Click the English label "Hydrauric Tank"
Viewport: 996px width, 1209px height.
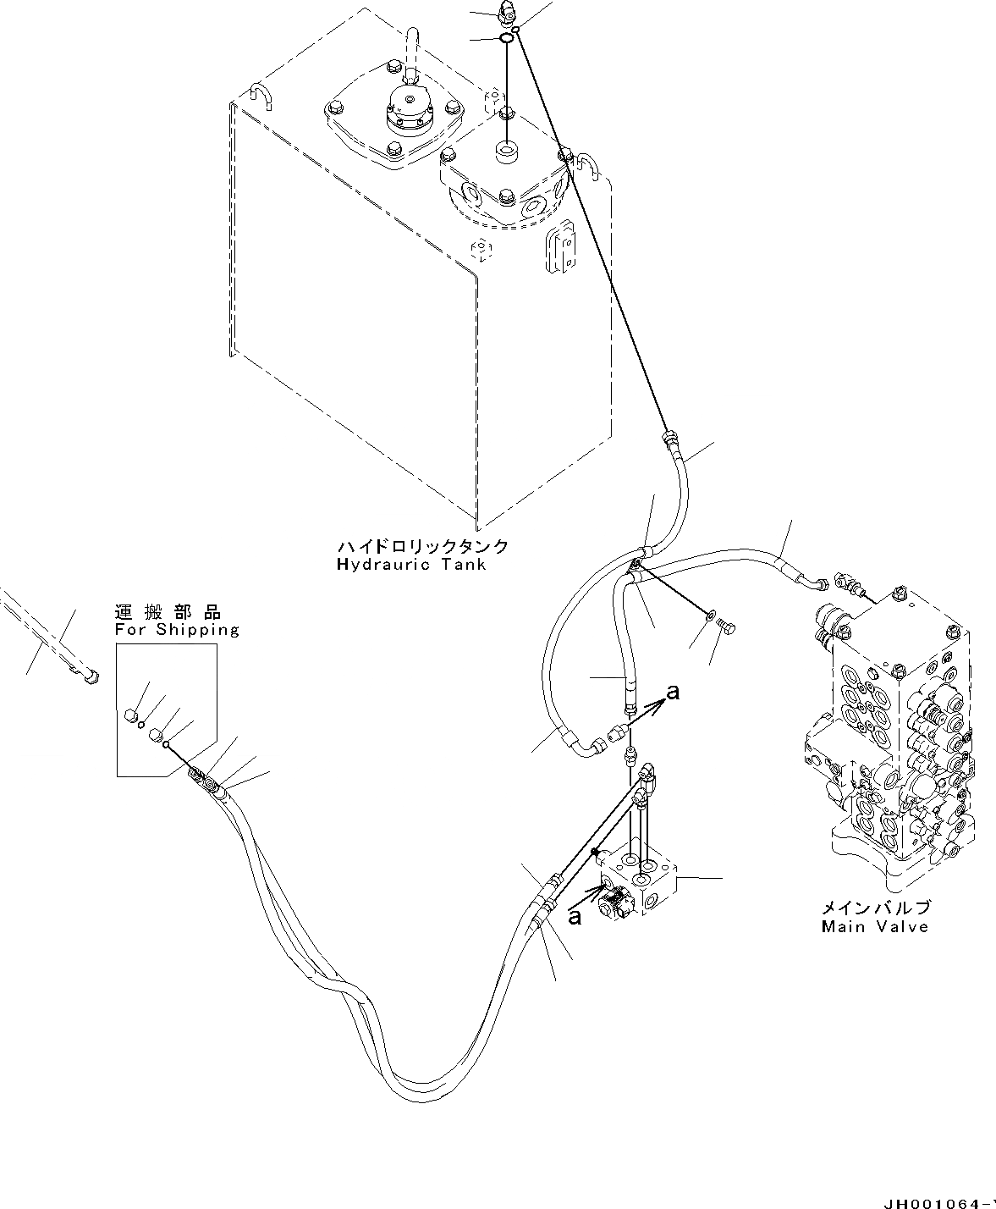(411, 565)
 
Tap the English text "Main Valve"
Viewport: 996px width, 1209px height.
(874, 926)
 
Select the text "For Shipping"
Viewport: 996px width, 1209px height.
(177, 630)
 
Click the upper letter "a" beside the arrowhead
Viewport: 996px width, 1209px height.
(673, 693)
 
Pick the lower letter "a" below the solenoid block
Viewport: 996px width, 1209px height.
(575, 917)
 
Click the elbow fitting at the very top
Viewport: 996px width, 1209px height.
(508, 12)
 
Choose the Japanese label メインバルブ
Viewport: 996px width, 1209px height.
(875, 908)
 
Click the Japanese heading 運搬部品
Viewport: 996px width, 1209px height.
(168, 612)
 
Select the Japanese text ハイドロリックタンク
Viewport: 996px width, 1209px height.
(422, 547)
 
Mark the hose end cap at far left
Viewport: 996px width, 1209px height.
(91, 676)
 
